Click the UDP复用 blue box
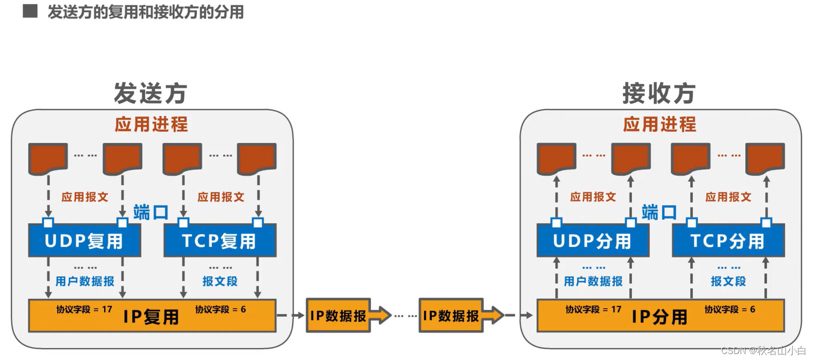tap(84, 241)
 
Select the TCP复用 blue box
tap(220, 241)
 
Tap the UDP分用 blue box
tap(592, 241)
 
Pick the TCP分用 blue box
tap(728, 241)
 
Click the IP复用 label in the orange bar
tap(151, 317)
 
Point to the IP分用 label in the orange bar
tap(660, 317)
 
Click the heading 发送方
tap(151, 93)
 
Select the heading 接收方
tap(659, 93)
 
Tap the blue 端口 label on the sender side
tap(151, 212)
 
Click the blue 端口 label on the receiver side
tap(659, 212)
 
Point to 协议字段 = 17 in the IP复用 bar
tap(84, 310)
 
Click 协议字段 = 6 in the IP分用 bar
tap(730, 310)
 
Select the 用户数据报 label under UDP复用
tap(85, 282)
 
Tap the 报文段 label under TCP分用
tap(728, 282)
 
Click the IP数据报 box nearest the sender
tap(338, 316)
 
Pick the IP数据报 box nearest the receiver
tap(451, 316)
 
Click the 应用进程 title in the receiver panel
tap(659, 124)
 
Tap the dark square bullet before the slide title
tap(30, 11)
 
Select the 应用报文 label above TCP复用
tap(221, 197)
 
